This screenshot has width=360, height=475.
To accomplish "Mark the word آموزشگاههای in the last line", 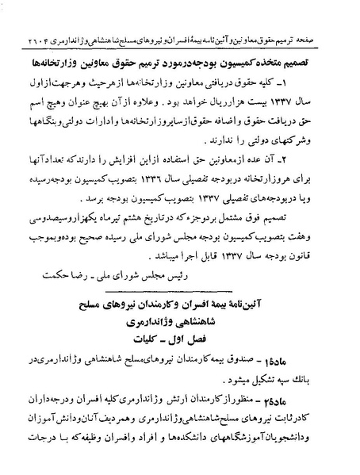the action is (238, 458).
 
